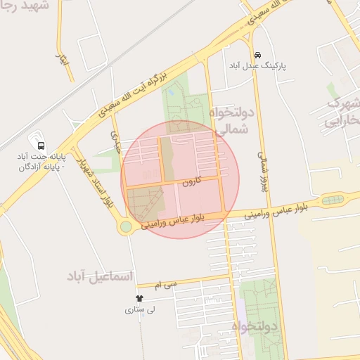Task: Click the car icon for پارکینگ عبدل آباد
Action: tap(258, 55)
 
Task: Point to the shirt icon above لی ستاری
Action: tap(129, 298)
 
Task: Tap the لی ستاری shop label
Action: tap(140, 309)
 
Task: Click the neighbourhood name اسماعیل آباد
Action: tap(101, 275)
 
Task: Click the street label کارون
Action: tap(191, 181)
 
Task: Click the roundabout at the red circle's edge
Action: tap(126, 226)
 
